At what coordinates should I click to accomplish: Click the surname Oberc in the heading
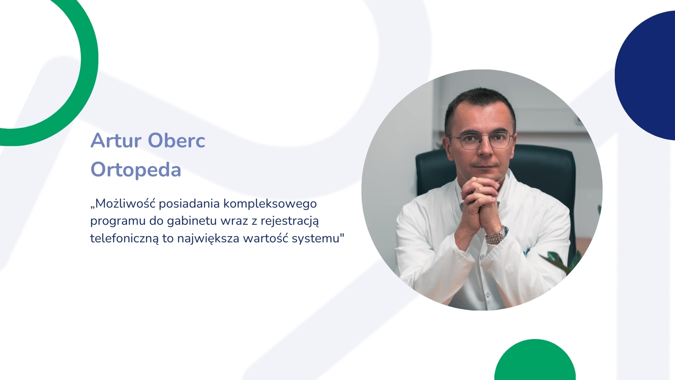pos(177,141)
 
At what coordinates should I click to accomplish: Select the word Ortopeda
pos(136,170)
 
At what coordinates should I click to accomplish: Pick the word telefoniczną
pos(124,238)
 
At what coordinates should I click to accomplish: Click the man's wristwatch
pos(497,236)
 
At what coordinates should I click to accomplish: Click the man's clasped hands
pos(480,198)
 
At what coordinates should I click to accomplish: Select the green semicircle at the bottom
pos(535,363)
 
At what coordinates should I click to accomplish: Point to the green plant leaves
pos(560,262)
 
